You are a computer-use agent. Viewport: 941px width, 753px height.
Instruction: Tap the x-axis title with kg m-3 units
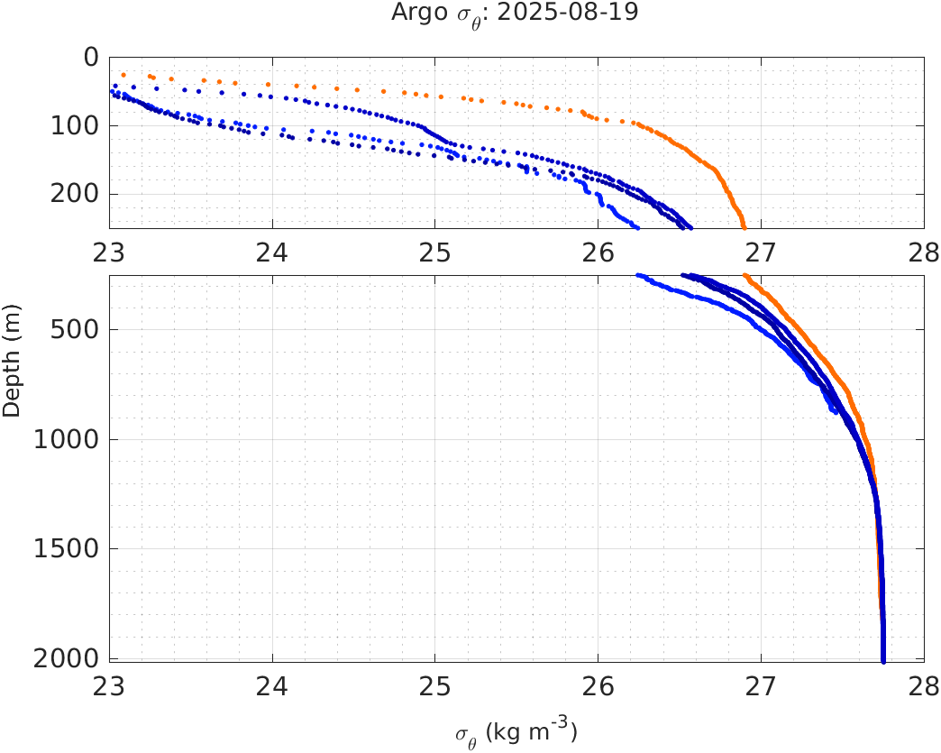[516, 732]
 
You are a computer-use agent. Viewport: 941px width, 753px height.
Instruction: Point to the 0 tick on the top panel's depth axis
[90, 57]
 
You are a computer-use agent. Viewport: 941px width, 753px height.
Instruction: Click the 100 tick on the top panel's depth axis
[75, 125]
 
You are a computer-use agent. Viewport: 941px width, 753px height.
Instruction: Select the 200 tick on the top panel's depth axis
[75, 194]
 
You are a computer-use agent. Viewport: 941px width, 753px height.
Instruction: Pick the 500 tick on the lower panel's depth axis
[75, 329]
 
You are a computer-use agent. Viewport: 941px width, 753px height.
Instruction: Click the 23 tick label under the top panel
[110, 251]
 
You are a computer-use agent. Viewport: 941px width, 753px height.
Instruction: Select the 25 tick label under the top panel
[435, 251]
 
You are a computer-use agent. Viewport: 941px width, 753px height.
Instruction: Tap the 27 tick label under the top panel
[761, 251]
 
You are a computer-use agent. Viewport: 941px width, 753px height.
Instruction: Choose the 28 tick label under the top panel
[922, 251]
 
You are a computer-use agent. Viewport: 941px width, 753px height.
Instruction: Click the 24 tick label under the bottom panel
[272, 685]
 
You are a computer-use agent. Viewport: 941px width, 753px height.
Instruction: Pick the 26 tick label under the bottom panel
[598, 685]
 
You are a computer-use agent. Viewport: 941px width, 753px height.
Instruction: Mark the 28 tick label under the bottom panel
[922, 685]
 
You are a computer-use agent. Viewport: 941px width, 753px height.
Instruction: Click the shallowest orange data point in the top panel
[123, 75]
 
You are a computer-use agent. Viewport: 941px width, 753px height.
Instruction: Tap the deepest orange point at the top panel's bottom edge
[744, 226]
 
